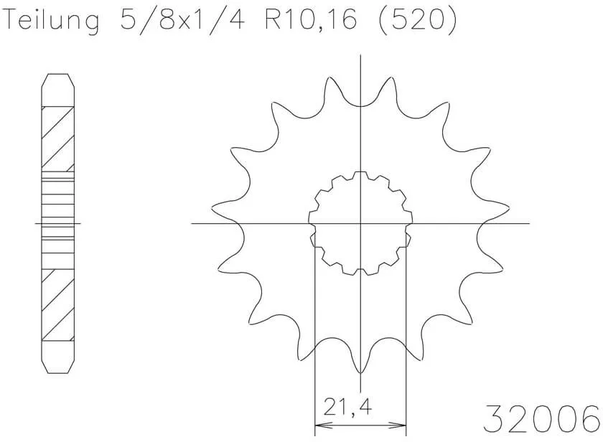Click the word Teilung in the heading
pos(51,22)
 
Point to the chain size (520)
pos(416,22)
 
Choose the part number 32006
pos(542,417)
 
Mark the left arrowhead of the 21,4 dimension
pos(320,424)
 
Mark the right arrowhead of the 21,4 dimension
pos(403,424)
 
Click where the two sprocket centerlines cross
pos(360,223)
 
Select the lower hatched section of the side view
pos(58,305)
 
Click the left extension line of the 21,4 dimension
pos(315,337)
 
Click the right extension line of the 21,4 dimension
pos(407,337)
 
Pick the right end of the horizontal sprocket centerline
pos(528,223)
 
